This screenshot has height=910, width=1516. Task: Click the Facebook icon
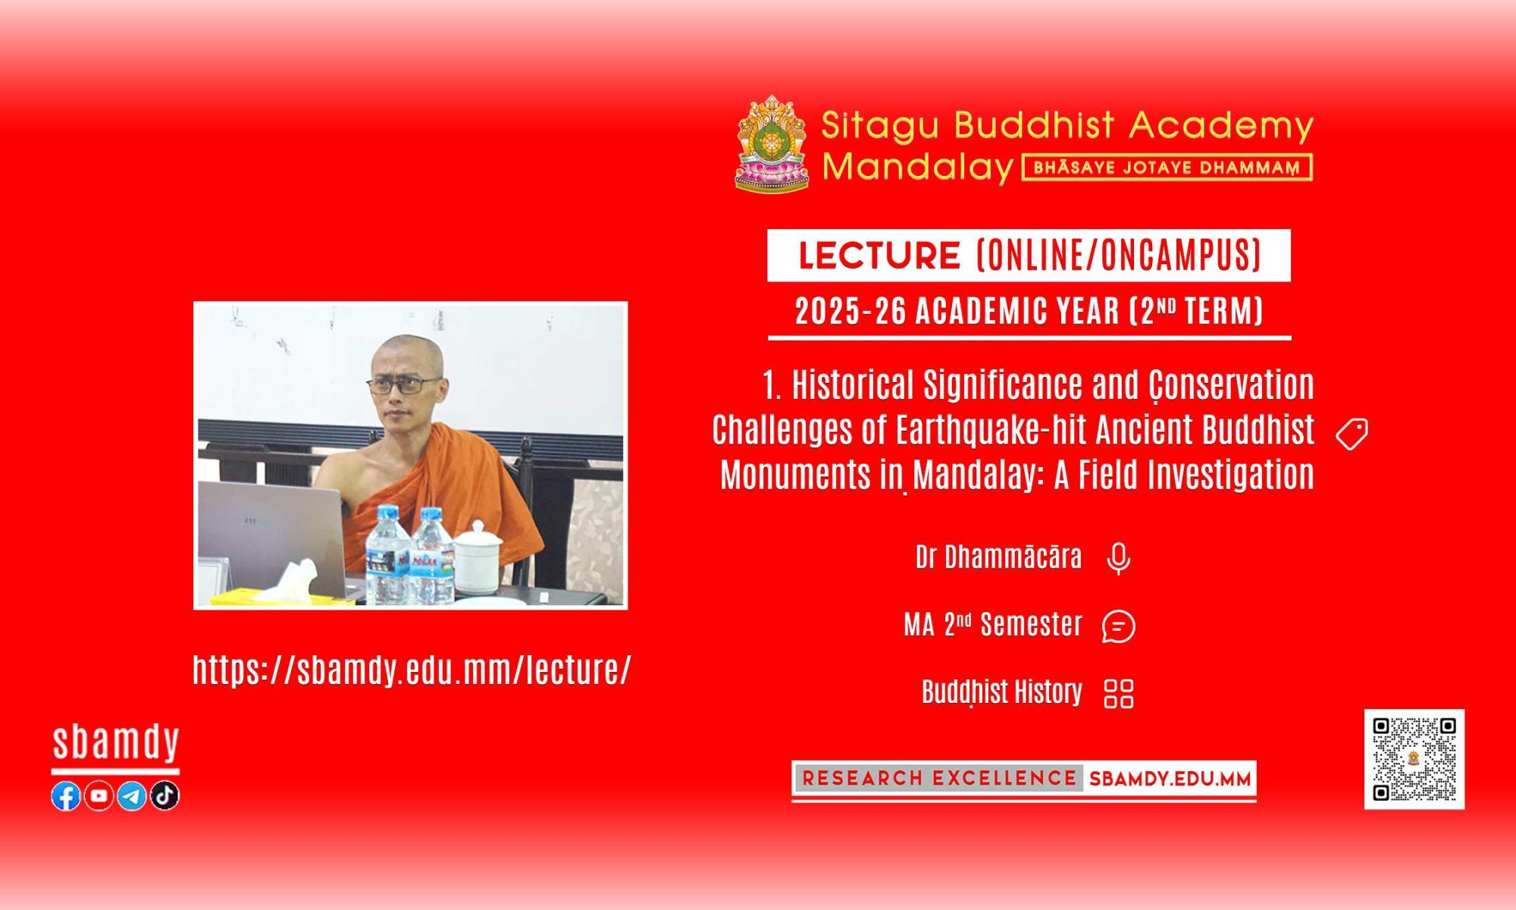coord(66,796)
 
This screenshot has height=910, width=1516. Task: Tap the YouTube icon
coord(99,796)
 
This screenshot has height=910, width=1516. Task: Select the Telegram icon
coord(132,796)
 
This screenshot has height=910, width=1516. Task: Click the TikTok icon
coord(164,795)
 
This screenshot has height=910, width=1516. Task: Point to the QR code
coord(1414,759)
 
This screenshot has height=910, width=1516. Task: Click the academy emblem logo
coord(772,143)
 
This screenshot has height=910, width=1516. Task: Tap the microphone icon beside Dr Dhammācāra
coord(1119,559)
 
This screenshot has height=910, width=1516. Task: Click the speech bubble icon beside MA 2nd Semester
coord(1119,626)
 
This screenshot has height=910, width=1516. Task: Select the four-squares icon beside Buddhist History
coord(1119,693)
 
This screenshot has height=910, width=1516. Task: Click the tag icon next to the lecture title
coord(1352,434)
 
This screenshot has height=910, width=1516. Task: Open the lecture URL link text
coord(412,670)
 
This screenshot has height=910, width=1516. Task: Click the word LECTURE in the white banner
coord(879,256)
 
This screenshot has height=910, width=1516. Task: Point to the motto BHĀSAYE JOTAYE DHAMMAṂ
coord(1167,168)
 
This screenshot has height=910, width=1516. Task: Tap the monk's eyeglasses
coord(406,384)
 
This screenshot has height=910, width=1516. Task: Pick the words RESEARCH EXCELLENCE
coord(939,779)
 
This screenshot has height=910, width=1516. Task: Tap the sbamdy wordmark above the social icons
coord(116,743)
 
